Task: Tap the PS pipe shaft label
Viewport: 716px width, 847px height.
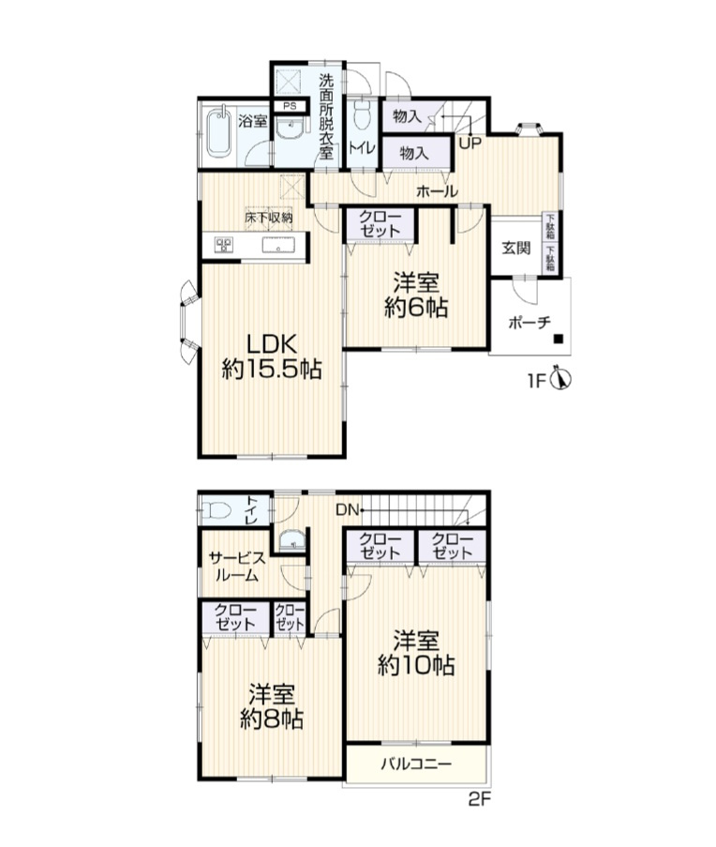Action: tap(290, 106)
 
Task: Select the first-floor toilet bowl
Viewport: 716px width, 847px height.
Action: tap(361, 115)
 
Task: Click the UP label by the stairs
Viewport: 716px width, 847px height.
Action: tap(470, 144)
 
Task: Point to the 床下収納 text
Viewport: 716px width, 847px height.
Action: tap(269, 218)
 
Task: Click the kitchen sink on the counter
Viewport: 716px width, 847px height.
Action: tap(279, 246)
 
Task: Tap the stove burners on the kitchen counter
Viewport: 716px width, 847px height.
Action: tap(224, 246)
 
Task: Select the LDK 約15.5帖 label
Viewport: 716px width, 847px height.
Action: tap(272, 356)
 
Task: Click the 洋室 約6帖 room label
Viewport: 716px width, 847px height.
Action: tap(416, 295)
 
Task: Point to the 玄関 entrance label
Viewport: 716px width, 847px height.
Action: tap(516, 248)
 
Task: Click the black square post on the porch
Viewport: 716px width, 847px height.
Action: tap(559, 340)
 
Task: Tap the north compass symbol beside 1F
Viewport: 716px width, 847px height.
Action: tap(561, 380)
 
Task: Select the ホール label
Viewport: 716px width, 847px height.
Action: tap(437, 190)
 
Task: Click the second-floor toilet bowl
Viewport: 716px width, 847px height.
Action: tap(215, 510)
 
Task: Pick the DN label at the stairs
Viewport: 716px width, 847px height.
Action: tap(347, 509)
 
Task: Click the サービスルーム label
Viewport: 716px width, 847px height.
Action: tap(237, 567)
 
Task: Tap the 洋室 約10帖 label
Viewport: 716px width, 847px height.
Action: tap(415, 653)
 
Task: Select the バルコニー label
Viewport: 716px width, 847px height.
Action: tap(416, 764)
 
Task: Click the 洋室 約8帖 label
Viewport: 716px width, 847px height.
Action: tap(272, 706)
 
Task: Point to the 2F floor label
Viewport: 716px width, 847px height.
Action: tap(479, 799)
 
